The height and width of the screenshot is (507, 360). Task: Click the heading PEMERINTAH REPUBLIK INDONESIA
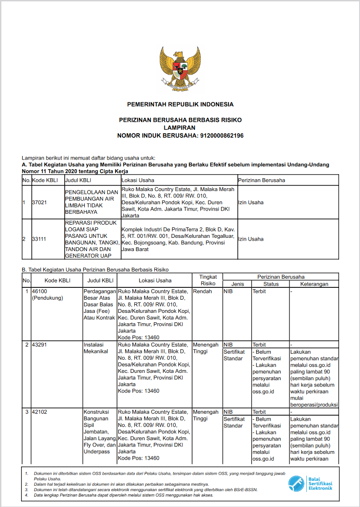180,105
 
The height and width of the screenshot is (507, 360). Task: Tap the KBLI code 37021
40,202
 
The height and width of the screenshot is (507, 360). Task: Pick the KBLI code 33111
40,239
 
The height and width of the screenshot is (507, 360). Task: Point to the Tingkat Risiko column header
208,280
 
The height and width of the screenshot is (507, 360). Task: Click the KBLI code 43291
40,345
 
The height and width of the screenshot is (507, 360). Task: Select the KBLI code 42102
40,412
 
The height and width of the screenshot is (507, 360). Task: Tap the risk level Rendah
203,291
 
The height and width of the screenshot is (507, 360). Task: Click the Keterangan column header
314,284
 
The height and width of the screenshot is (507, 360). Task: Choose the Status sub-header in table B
271,284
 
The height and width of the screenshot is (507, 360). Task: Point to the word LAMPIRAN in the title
180,128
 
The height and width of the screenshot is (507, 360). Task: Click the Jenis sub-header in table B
238,284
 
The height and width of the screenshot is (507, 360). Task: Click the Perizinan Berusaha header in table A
262,180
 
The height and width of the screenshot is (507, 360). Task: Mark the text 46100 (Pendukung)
47,295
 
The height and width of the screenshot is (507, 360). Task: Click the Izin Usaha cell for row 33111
251,239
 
